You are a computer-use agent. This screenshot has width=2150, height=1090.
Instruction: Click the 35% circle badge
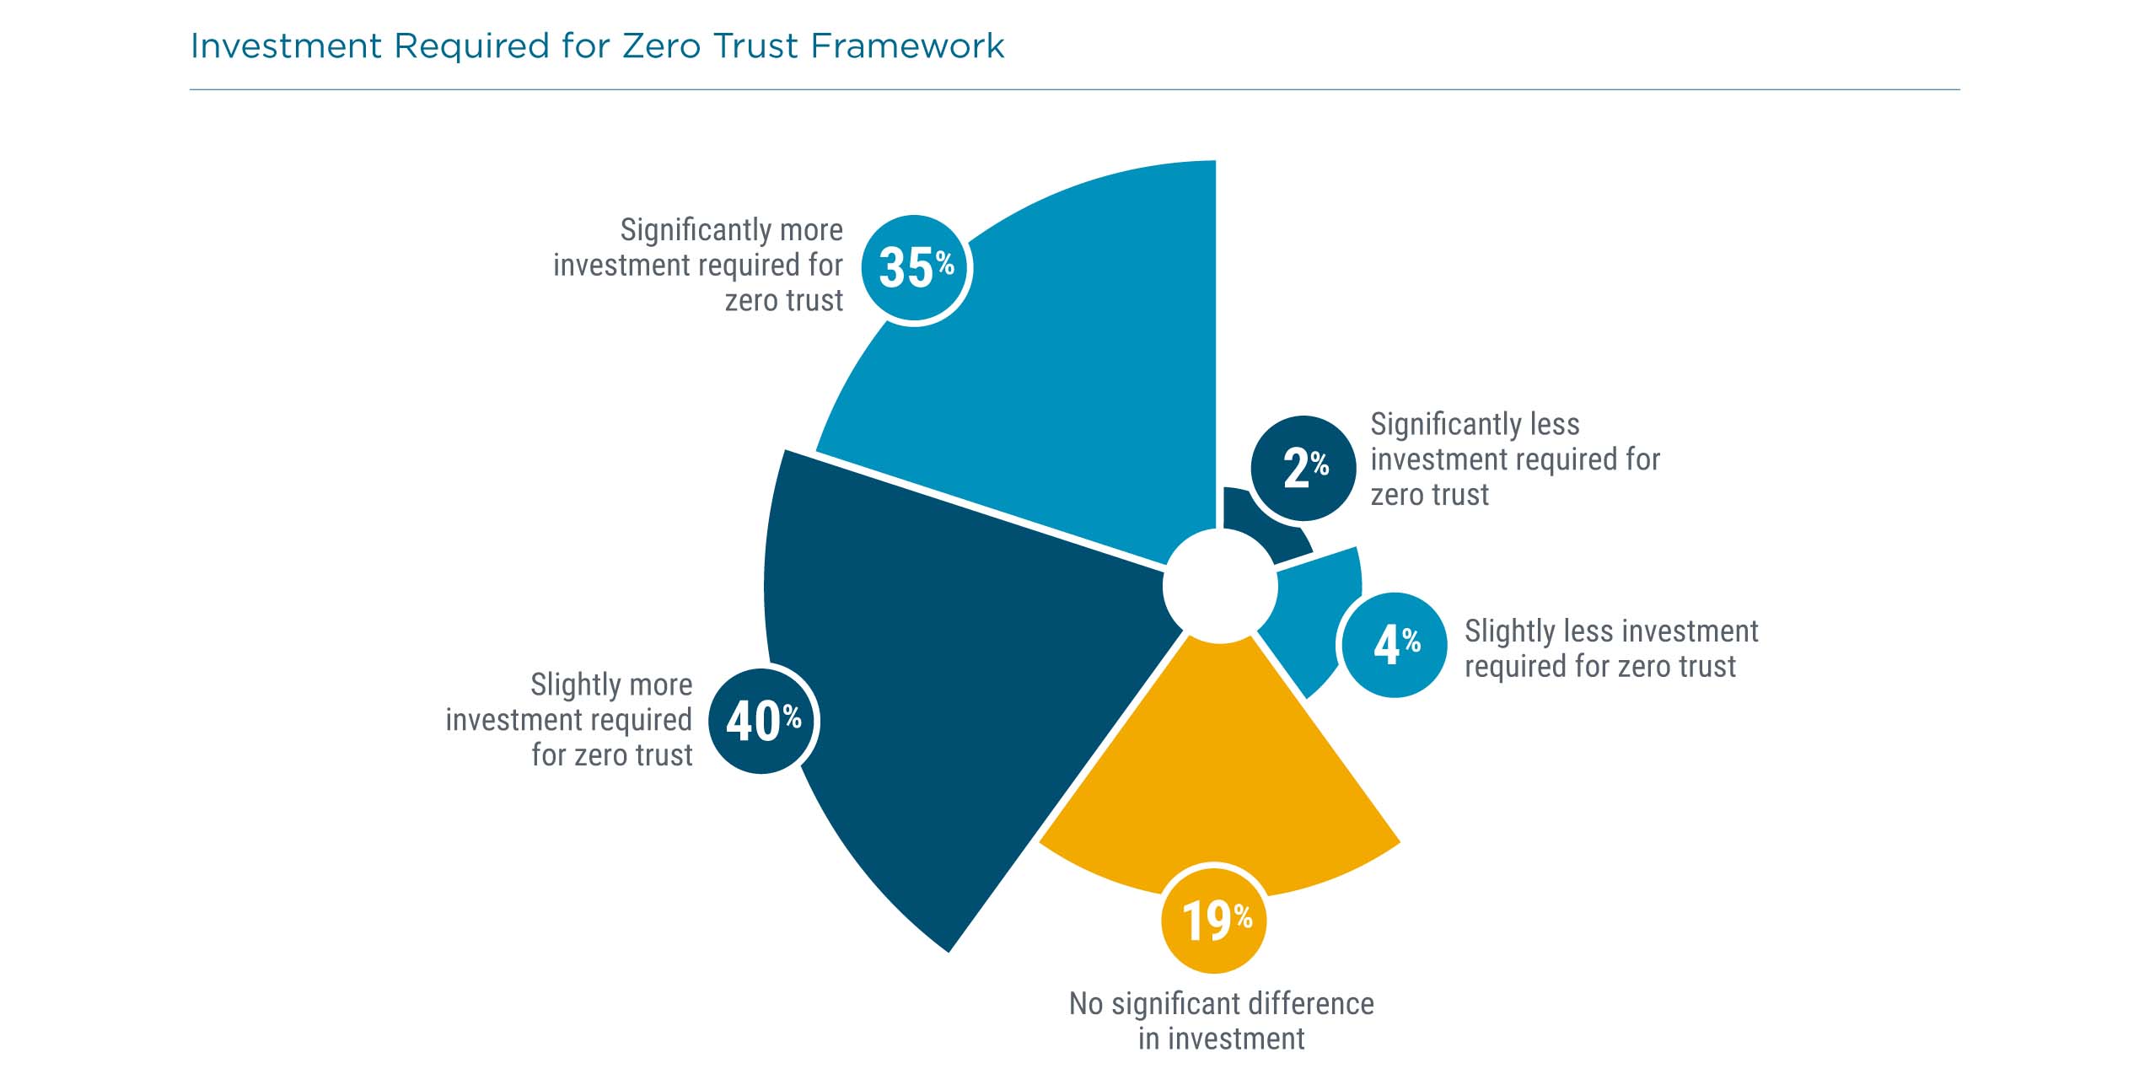coord(916,269)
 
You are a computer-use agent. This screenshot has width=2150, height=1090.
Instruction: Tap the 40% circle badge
coord(762,721)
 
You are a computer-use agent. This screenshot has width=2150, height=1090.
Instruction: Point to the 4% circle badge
coord(1395,645)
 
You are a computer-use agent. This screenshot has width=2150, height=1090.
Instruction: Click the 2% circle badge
coord(1303,468)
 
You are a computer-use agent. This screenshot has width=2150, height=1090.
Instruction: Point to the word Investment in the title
coord(287,46)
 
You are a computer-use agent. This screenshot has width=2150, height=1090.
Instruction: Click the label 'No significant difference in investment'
coord(1221,1021)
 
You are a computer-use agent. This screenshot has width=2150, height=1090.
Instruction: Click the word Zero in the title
coord(662,46)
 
